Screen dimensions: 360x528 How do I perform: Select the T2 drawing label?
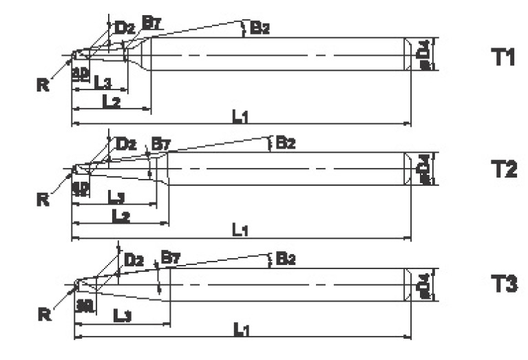coord(503,169)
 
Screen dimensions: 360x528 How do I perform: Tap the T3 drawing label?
coord(503,283)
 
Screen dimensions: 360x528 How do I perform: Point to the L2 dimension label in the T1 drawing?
coord(112,100)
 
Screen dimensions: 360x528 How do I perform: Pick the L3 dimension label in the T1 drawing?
coord(103,83)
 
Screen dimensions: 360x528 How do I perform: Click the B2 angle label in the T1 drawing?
coord(260,28)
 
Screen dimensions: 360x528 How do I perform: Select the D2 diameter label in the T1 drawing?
coord(125,28)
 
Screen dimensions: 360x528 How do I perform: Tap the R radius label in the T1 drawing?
coord(43,85)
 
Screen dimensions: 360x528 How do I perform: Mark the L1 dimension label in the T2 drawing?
coord(240,231)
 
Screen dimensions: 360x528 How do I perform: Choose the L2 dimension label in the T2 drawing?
coord(121,215)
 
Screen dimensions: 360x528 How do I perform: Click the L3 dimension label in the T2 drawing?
coord(116,198)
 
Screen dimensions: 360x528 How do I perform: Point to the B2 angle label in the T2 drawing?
coord(285,143)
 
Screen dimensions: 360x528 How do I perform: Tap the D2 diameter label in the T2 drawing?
coord(126,144)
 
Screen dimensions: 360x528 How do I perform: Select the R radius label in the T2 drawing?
coord(43,200)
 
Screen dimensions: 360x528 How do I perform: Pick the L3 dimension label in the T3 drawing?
coord(121,315)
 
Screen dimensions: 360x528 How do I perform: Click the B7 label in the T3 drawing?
coord(169,258)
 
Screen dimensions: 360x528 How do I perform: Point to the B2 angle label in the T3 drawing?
coord(285,259)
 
